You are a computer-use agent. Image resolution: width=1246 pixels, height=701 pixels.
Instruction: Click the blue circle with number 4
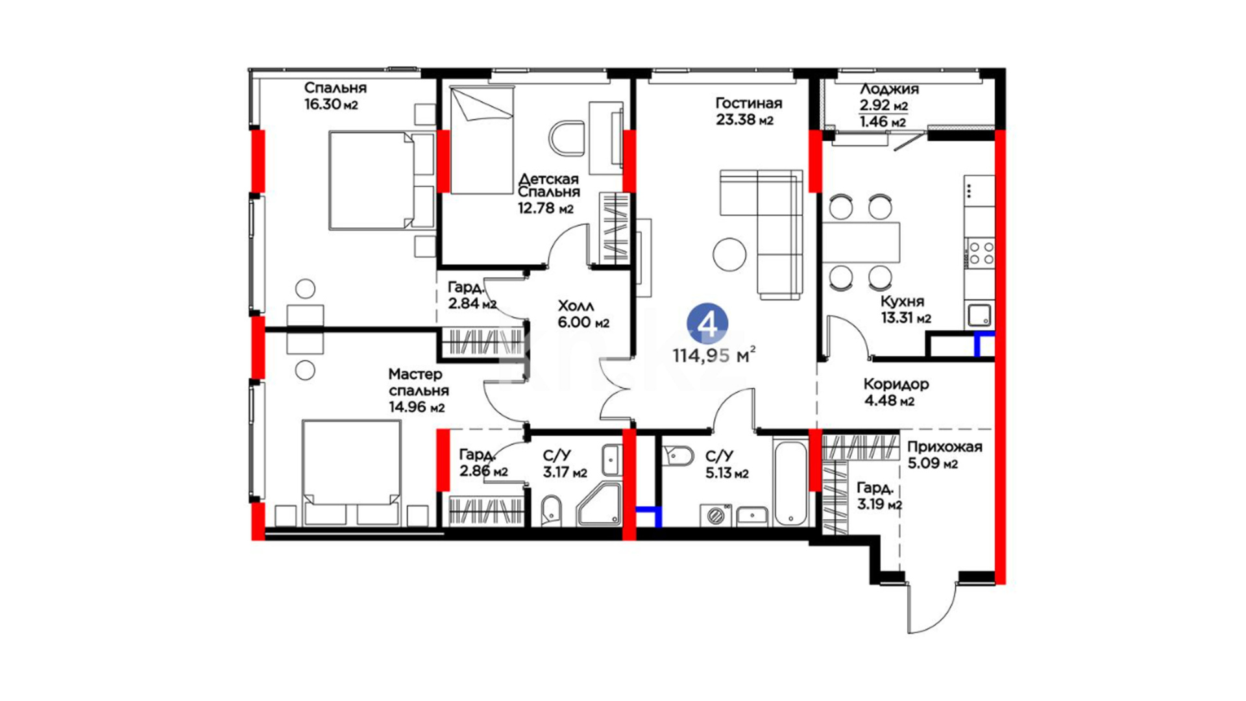(707, 323)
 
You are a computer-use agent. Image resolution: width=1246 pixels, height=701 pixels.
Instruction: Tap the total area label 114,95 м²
(714, 355)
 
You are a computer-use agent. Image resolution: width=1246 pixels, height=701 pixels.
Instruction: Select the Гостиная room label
(748, 103)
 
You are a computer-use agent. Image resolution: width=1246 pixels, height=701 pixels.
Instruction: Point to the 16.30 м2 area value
(331, 105)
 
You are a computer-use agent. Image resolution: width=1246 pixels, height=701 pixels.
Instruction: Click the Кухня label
(902, 301)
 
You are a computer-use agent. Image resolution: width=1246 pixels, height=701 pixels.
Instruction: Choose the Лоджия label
(889, 90)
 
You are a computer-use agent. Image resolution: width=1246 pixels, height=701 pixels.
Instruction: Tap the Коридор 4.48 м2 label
(896, 392)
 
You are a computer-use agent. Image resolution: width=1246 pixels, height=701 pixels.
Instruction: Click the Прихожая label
(944, 447)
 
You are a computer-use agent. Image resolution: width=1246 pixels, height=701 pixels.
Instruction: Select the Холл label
(576, 306)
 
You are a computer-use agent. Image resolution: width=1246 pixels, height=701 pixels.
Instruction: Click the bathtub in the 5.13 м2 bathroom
(790, 481)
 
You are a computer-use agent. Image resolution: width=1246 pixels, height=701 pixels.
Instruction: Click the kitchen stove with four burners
(980, 253)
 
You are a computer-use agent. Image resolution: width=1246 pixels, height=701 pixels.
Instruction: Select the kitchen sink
(979, 315)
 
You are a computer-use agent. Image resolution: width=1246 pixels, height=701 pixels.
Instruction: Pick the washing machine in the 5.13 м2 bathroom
(716, 515)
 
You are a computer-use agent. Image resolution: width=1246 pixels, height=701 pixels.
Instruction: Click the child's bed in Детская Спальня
(482, 140)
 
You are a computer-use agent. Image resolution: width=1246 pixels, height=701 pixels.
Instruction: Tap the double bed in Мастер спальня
(351, 473)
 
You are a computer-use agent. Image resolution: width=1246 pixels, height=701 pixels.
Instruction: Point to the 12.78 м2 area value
(546, 209)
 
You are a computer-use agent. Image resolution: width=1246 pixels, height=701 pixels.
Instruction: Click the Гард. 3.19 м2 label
(879, 496)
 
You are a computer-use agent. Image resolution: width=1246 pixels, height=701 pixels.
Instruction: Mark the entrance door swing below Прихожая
(933, 607)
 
